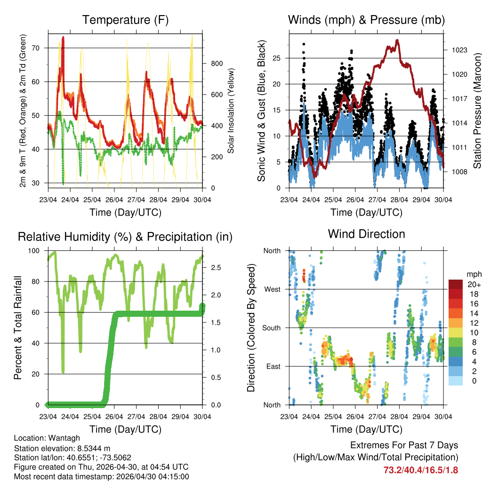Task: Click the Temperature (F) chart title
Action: pyautogui.click(x=125, y=20)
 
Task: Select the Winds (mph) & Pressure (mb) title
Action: pyautogui.click(x=366, y=20)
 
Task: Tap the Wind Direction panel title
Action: pyautogui.click(x=366, y=234)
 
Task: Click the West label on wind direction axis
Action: pyautogui.click(x=272, y=289)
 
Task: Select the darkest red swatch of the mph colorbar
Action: pyautogui.click(x=455, y=284)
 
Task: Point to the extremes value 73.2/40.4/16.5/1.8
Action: pyautogui.click(x=420, y=470)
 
